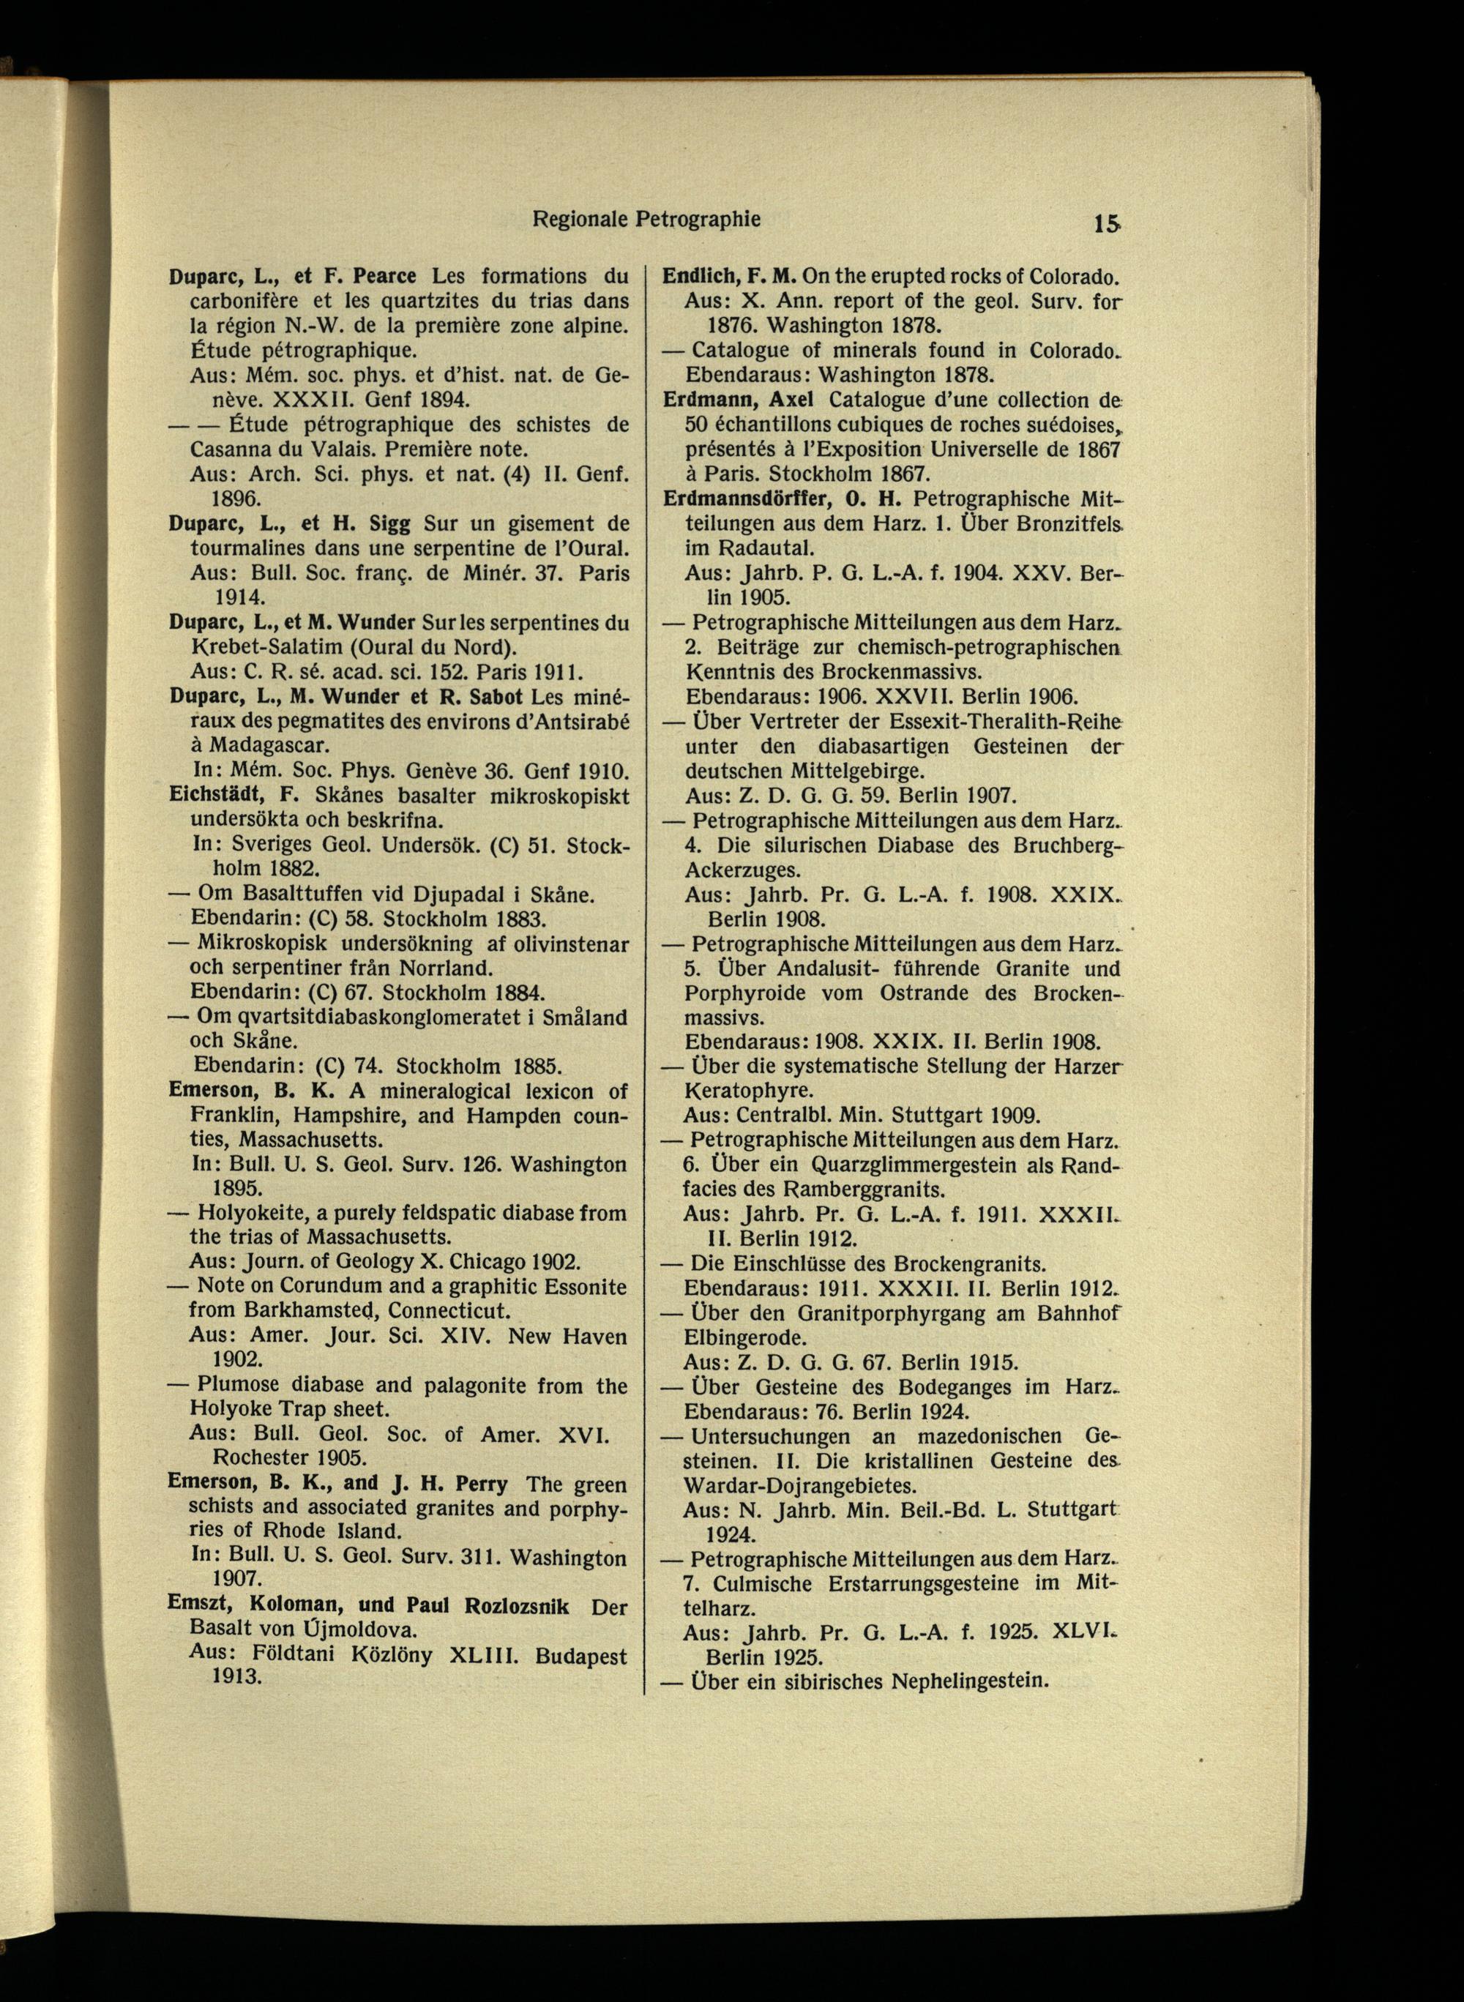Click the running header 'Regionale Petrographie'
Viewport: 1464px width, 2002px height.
[646, 219]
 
